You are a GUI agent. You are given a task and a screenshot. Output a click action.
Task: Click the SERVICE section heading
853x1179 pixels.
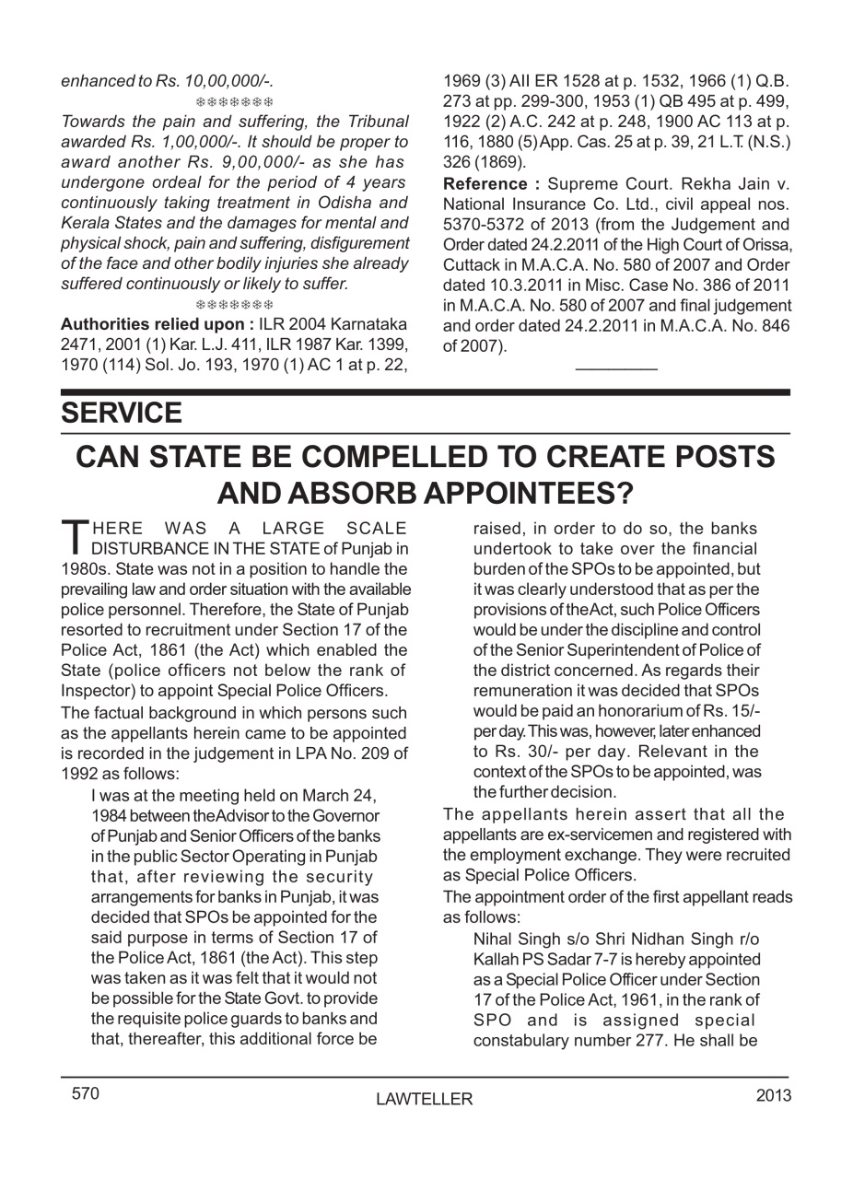pyautogui.click(x=122, y=414)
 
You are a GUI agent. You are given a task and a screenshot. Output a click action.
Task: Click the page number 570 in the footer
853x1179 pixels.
pyautogui.click(x=86, y=1094)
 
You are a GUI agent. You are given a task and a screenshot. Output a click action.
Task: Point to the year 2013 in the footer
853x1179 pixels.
pyautogui.click(x=773, y=1095)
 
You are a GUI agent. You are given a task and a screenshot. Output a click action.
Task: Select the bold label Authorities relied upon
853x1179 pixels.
pyautogui.click(x=158, y=324)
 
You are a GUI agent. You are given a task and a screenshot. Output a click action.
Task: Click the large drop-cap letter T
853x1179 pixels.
pyautogui.click(x=73, y=535)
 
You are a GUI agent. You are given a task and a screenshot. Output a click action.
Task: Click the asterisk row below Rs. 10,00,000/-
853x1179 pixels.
pyautogui.click(x=235, y=101)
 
